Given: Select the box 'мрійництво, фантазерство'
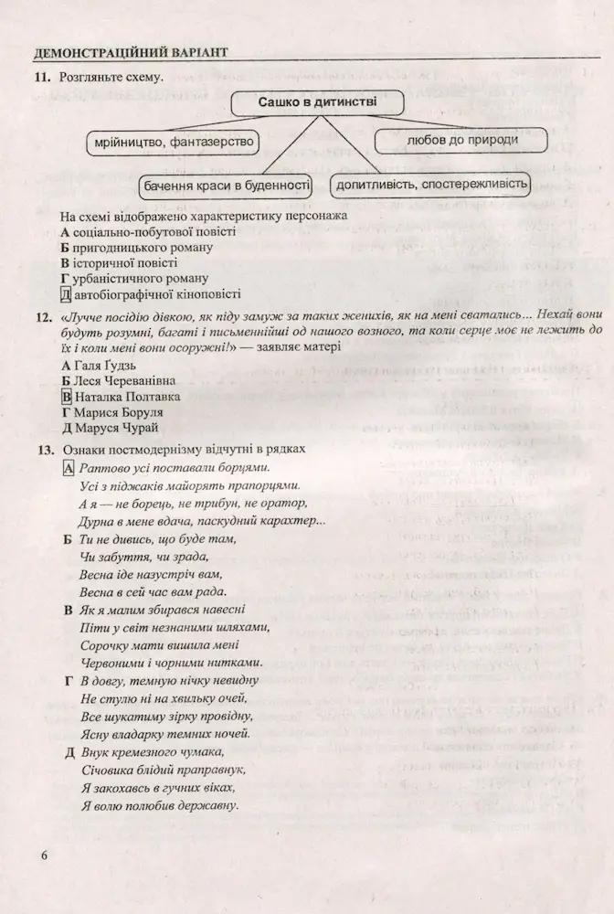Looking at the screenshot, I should pyautogui.click(x=172, y=143).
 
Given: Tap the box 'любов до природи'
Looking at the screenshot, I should pyautogui.click(x=461, y=140).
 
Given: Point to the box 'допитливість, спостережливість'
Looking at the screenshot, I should pyautogui.click(x=431, y=186).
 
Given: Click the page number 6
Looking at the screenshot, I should pyautogui.click(x=42, y=856).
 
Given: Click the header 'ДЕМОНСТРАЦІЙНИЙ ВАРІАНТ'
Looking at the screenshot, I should pyautogui.click(x=129, y=52).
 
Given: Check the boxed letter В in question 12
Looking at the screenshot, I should pyautogui.click(x=66, y=397).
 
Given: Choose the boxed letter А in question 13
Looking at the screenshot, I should pyautogui.click(x=68, y=468).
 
